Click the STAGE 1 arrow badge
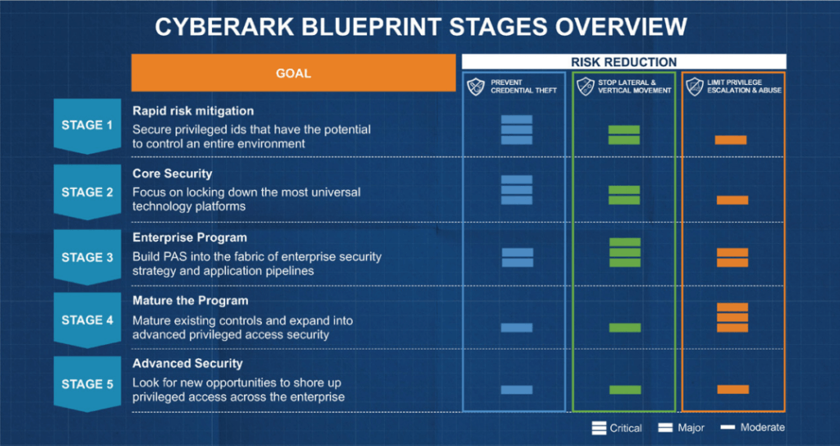coord(87,126)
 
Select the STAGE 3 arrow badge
coord(87,257)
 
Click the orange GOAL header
coord(293,73)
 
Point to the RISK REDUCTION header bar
coord(624,62)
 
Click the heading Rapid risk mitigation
coord(193,111)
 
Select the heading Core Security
coord(172,174)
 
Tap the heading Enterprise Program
coord(189,238)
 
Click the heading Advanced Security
coord(188,364)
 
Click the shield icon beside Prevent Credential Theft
coord(476,86)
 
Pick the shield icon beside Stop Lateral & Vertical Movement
coord(585,86)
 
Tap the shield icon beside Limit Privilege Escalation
coord(694,86)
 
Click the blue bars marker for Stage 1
coord(516,130)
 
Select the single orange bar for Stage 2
coord(732,200)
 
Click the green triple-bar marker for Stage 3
coord(624,252)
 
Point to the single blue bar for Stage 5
coord(516,390)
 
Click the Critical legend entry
coord(617,428)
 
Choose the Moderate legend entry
coord(753,428)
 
